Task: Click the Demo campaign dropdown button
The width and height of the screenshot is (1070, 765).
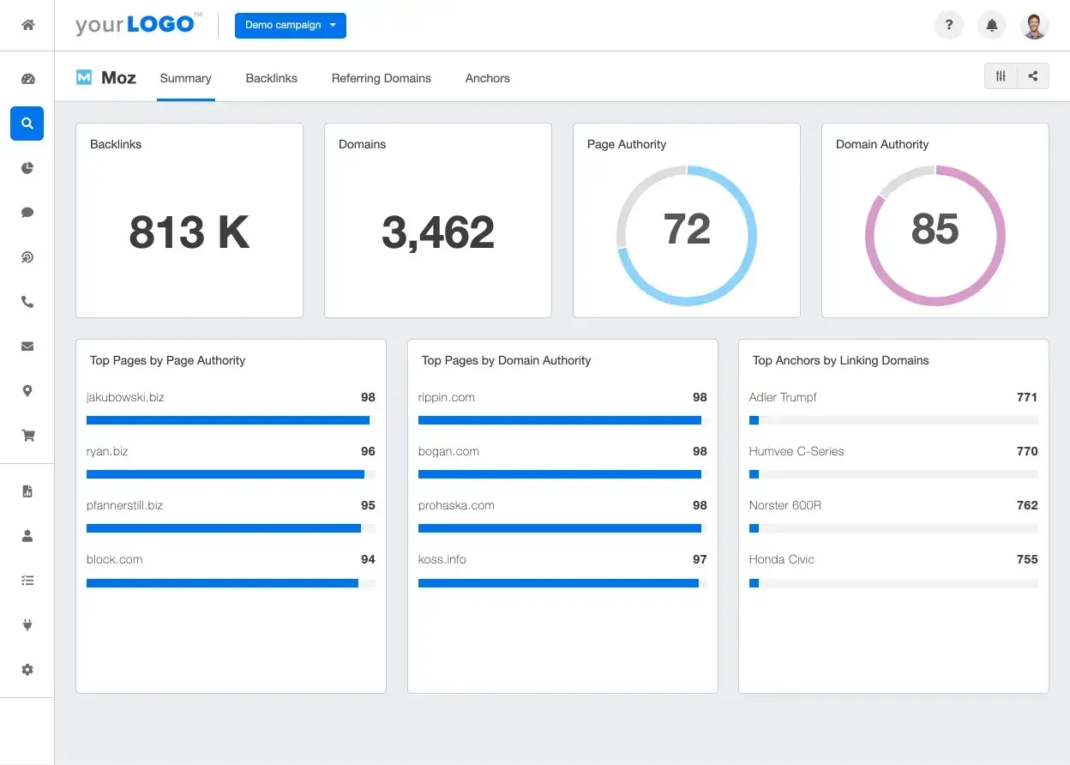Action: pos(290,25)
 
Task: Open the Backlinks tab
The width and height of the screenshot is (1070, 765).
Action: pos(271,78)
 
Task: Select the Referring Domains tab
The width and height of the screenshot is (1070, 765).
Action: pos(381,78)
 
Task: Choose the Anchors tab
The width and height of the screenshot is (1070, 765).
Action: pos(487,78)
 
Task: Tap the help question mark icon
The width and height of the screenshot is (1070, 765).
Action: pos(948,25)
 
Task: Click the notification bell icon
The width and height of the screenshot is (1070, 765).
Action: pos(992,25)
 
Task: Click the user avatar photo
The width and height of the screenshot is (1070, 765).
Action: pos(1035,25)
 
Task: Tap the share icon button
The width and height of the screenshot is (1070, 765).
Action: pos(1032,76)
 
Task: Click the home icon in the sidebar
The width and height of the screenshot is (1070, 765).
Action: pos(27,25)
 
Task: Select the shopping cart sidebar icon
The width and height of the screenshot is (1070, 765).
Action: pos(27,436)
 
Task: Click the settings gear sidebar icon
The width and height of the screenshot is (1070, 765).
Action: pos(27,669)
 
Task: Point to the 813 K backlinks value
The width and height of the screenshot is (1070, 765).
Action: pos(189,232)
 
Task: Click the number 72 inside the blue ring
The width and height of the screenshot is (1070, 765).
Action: pos(686,229)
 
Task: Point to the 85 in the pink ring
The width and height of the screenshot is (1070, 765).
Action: pos(935,229)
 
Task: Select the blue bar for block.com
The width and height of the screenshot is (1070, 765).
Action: pos(222,583)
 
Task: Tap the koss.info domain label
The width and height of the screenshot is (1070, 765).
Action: pos(442,559)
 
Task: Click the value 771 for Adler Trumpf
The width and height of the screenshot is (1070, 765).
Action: pos(1026,397)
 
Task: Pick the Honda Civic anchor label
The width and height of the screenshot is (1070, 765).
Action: pos(781,559)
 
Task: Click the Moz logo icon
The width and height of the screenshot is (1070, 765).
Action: pos(84,77)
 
